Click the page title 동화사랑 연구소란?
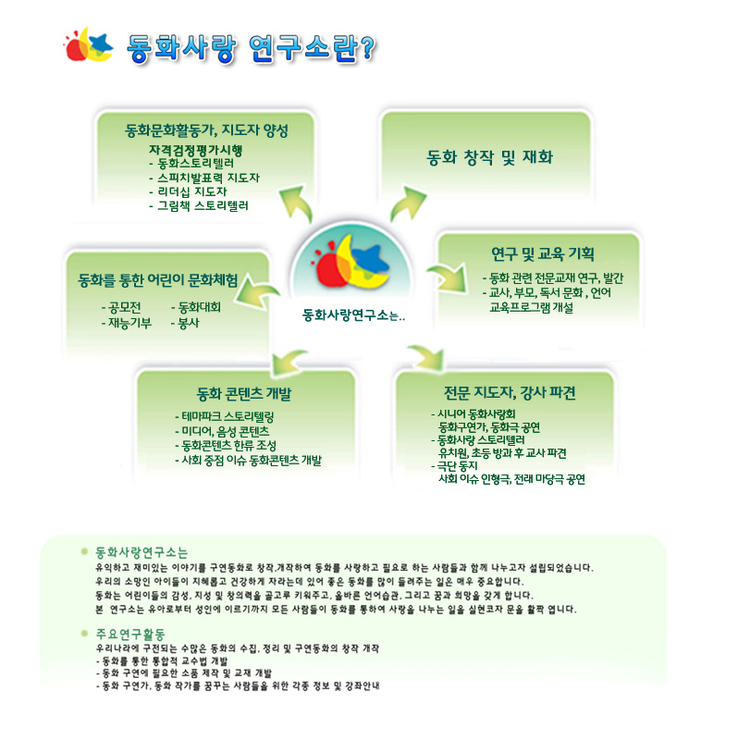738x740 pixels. tap(251, 48)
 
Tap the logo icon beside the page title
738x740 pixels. tap(88, 44)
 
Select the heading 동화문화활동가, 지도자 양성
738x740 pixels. tap(206, 130)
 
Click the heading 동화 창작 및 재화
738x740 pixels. tap(489, 157)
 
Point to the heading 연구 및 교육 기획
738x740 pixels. tap(543, 253)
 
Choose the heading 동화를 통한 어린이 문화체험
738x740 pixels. tap(158, 280)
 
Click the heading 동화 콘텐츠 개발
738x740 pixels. tap(244, 393)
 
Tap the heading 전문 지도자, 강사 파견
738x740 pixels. tap(510, 392)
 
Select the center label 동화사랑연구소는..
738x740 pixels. tap(353, 314)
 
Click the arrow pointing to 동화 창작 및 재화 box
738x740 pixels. tap(407, 203)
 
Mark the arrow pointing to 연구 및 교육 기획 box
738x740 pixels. tap(448, 277)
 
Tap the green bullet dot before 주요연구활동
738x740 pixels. tap(84, 634)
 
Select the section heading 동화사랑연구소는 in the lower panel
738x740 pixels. tap(141, 552)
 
